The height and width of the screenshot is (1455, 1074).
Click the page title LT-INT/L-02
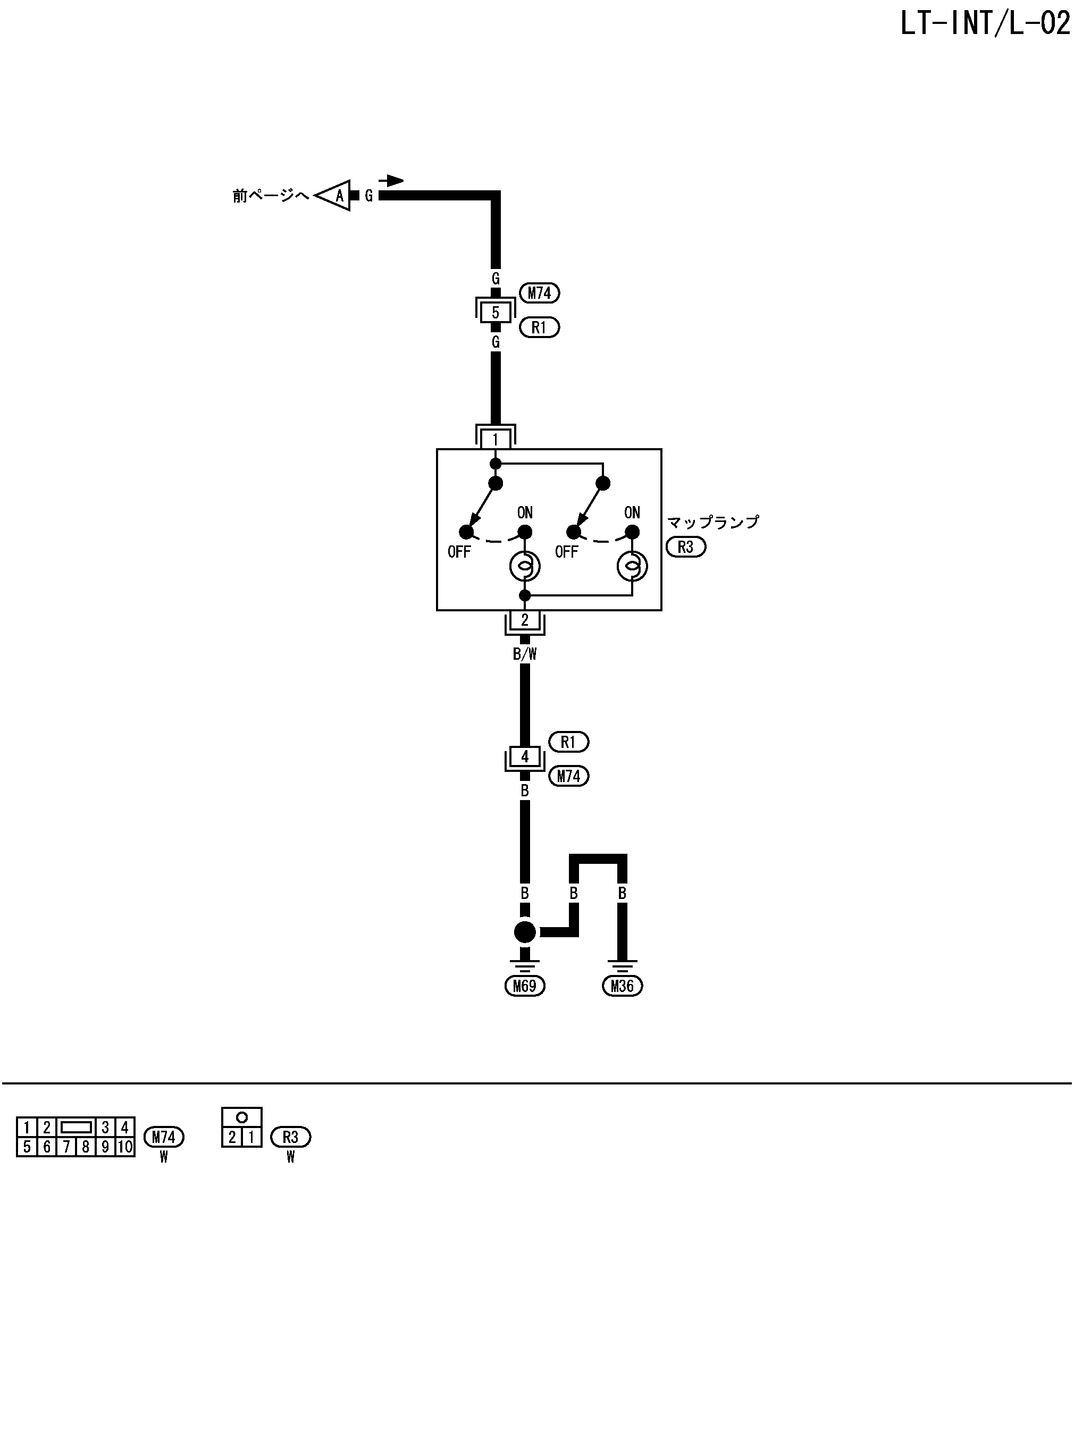pyautogui.click(x=984, y=24)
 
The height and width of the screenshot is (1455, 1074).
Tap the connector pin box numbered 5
pyautogui.click(x=496, y=313)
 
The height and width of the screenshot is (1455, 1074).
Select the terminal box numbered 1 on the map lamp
pyautogui.click(x=496, y=439)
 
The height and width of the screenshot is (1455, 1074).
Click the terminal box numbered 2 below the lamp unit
pyautogui.click(x=525, y=620)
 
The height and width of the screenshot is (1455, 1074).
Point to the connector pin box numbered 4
pyautogui.click(x=525, y=756)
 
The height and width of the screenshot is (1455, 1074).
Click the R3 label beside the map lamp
pyautogui.click(x=686, y=547)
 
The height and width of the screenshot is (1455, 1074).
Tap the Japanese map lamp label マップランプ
pyautogui.click(x=713, y=523)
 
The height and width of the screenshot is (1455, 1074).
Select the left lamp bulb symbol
pyautogui.click(x=524, y=567)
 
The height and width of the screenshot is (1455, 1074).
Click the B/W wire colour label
pyautogui.click(x=525, y=654)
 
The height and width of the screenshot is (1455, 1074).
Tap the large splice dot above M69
pyautogui.click(x=525, y=932)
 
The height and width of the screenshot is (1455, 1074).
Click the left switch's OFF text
pyautogui.click(x=459, y=552)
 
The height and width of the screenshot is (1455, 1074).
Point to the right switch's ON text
pyautogui.click(x=632, y=512)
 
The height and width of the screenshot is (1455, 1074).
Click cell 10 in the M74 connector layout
pyautogui.click(x=125, y=1147)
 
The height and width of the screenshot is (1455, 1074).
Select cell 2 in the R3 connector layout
pyautogui.click(x=232, y=1137)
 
